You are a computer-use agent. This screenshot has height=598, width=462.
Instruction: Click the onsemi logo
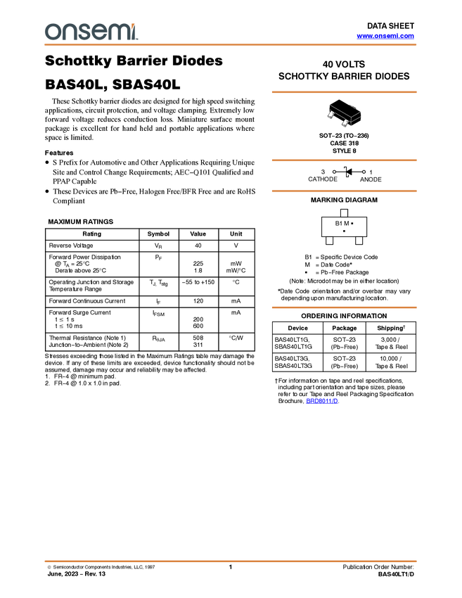coord(91,32)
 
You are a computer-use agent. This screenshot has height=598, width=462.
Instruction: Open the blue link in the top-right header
coord(385,36)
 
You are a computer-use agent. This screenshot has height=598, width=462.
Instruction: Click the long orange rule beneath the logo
coord(231,45)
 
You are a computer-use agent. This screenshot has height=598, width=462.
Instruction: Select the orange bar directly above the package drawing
coord(344,92)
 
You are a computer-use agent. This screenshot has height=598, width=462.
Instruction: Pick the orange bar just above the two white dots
coord(344,160)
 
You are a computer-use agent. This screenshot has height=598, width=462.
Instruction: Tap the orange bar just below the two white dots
coord(344,191)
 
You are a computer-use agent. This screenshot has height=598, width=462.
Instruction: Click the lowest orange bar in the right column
coord(344,307)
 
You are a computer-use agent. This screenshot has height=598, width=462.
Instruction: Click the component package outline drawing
coord(345,115)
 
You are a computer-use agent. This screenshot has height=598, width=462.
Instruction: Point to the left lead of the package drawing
coord(331,115)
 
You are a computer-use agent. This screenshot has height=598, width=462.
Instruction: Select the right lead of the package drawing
coord(345,124)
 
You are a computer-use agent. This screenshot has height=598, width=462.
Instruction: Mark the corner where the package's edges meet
coord(351,117)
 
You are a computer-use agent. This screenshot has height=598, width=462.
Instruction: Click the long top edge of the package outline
coord(339,110)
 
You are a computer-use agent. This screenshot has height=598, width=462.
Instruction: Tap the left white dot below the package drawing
coord(334,172)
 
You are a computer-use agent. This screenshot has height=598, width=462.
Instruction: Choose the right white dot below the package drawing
coord(364,172)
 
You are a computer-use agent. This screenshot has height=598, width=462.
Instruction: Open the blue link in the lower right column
coord(322,401)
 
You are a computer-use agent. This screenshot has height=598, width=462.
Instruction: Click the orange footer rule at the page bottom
coord(231,561)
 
